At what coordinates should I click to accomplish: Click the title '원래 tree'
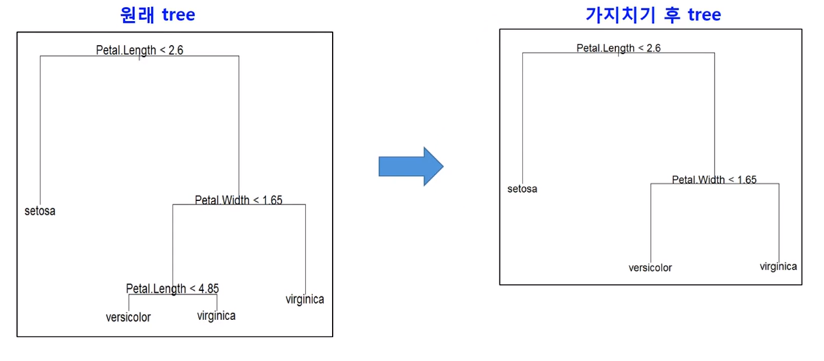(x=157, y=15)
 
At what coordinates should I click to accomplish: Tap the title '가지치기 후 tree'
(x=653, y=15)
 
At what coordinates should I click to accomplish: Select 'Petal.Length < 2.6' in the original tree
(x=139, y=50)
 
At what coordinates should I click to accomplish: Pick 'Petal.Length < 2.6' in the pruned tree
(x=618, y=48)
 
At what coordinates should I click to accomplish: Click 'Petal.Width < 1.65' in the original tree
(x=238, y=200)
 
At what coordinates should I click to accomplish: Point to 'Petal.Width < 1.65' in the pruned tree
(x=713, y=180)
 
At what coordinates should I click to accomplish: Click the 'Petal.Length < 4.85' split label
(x=173, y=288)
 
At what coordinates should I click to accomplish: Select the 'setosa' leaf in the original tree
(x=40, y=211)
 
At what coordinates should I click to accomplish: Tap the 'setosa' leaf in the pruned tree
(x=523, y=189)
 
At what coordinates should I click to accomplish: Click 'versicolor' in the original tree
(x=128, y=317)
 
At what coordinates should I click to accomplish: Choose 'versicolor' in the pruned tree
(x=650, y=268)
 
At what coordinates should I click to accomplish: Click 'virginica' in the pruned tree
(x=778, y=266)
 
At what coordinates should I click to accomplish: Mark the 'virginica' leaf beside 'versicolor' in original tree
(x=216, y=315)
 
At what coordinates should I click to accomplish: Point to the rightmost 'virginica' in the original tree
(x=305, y=299)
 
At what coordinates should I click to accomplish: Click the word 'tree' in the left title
(x=178, y=15)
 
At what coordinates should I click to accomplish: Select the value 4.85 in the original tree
(x=208, y=288)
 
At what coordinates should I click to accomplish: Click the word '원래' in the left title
(x=136, y=15)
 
